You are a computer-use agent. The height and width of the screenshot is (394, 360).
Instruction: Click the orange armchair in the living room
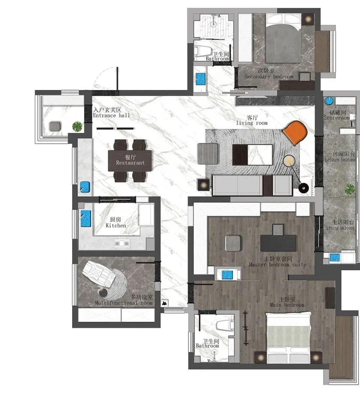point(295,132)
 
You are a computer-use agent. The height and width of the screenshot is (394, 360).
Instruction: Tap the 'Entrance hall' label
point(111,116)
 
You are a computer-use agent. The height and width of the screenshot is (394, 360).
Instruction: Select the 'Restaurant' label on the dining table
point(130,163)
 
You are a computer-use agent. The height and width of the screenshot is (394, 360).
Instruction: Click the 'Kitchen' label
point(116,226)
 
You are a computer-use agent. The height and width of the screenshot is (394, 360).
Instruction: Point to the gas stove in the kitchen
point(122,243)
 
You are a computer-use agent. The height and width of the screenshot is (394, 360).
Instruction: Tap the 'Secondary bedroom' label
point(269,77)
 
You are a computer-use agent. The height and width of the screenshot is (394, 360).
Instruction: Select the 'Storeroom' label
point(336,117)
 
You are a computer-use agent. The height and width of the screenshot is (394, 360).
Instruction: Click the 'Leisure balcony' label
point(340,159)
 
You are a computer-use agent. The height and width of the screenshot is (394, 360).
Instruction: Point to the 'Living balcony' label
point(340,228)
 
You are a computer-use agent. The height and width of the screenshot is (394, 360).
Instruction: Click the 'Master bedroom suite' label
point(277,265)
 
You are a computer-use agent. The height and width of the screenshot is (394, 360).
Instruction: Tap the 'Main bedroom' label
point(287,305)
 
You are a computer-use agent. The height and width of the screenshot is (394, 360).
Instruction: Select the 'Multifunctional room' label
point(124,303)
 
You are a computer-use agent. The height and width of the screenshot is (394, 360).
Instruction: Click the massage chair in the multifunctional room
point(99,274)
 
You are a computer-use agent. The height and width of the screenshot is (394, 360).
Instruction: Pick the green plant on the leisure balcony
point(349,188)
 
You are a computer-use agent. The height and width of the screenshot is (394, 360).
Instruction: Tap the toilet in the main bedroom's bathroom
point(225,325)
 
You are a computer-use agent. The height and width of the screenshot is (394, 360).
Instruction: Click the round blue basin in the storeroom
point(329,101)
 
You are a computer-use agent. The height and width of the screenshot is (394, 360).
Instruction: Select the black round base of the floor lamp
point(303,188)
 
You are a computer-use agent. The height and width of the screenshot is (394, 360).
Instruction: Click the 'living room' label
point(252,123)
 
